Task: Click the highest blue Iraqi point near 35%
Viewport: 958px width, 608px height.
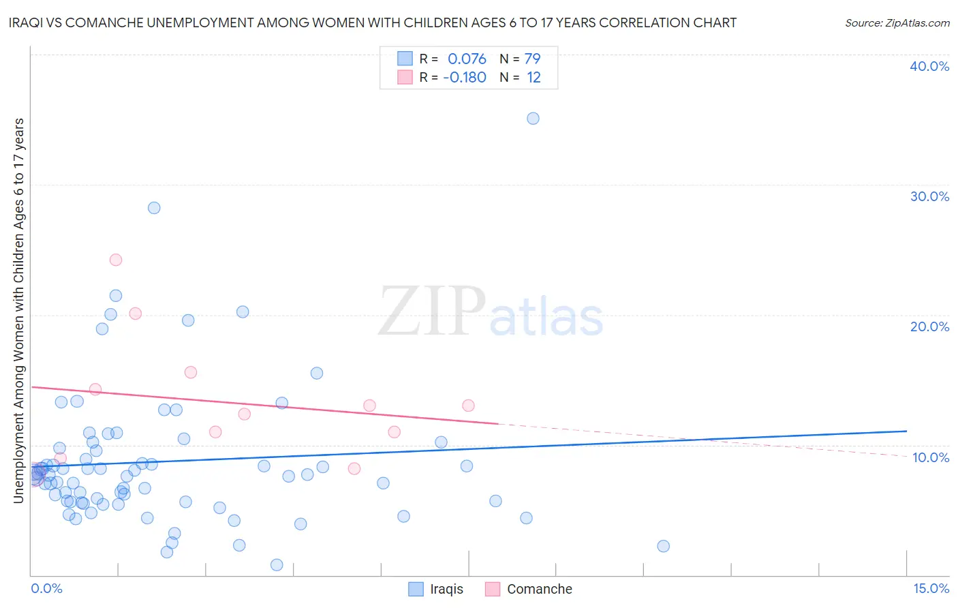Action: pos(533,119)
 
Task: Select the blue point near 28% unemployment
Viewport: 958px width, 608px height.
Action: pos(154,208)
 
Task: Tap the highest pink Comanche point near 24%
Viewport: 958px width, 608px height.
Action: pos(116,260)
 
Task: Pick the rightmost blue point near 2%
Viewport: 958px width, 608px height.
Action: pos(663,546)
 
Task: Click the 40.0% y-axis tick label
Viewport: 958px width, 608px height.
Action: pos(929,66)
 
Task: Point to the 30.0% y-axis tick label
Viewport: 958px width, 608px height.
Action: pos(929,196)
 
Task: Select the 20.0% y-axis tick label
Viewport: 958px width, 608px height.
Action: pos(929,326)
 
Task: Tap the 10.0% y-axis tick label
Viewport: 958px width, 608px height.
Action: pos(931,457)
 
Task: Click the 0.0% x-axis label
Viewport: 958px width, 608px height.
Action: pos(46,588)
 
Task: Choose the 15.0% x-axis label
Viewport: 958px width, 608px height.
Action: pos(931,588)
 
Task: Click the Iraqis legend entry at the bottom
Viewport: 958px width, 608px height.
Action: pos(436,589)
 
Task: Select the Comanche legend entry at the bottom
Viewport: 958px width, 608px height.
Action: pos(529,589)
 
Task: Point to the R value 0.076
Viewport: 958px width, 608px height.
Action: pos(467,59)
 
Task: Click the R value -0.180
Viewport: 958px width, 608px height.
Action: pos(465,77)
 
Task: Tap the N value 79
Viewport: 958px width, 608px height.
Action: pos(532,59)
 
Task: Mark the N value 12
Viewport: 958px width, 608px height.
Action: pos(534,77)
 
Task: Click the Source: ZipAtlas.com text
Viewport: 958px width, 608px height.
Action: pos(897,23)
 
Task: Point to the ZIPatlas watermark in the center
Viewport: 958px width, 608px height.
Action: pos(491,311)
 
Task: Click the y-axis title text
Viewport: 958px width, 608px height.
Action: pos(18,311)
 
